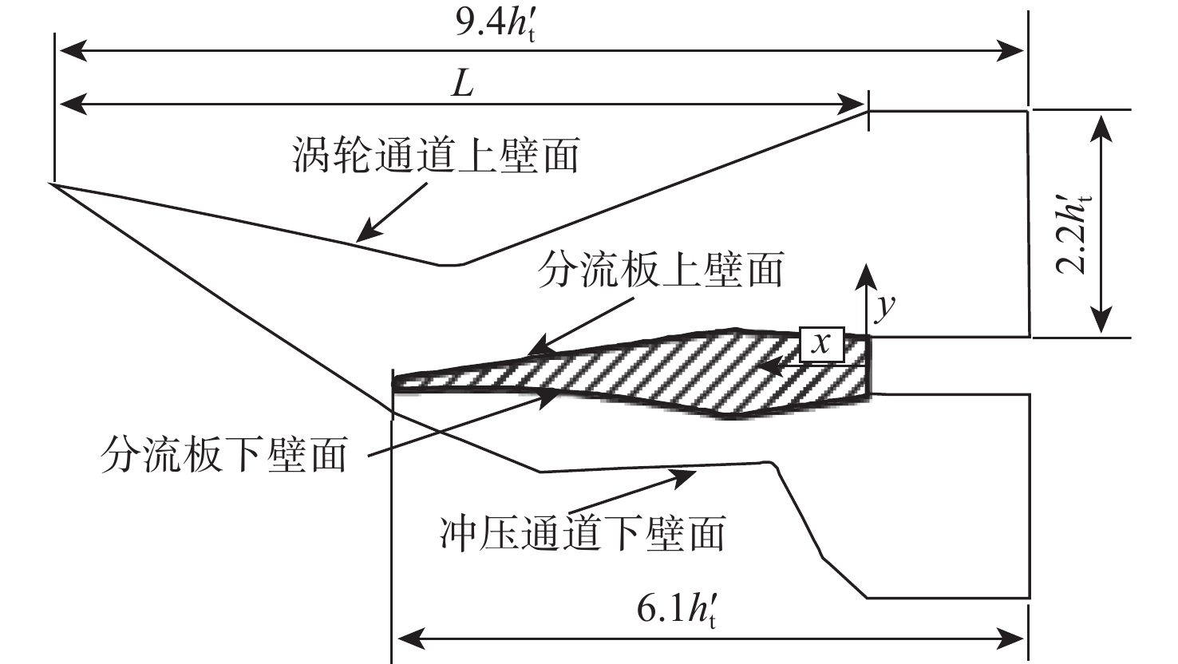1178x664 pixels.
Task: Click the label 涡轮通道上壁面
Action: [435, 156]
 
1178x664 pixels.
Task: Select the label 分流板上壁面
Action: [662, 271]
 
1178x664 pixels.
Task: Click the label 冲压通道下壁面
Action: [583, 532]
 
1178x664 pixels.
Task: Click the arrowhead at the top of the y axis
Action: [864, 272]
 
